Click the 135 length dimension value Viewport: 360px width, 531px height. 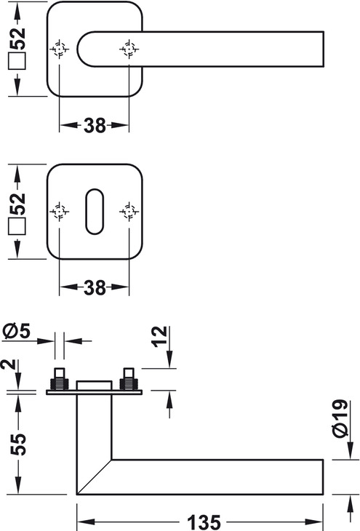coord(204,522)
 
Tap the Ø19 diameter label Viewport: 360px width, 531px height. coord(340,418)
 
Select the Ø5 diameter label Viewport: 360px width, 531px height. coord(16,330)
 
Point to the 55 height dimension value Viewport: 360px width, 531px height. coord(18,444)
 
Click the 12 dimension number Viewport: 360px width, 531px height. coord(159,336)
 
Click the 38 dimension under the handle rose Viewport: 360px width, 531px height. coord(95,125)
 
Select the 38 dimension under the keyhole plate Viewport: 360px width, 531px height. coord(95,287)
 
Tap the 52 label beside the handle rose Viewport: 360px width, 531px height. coord(17,39)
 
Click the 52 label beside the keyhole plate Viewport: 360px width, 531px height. coord(17,204)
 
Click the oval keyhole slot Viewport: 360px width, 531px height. coord(95,212)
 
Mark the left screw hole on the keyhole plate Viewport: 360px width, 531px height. coord(60,212)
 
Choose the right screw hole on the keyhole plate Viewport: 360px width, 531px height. coord(129,212)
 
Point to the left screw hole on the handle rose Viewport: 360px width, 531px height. coord(60,49)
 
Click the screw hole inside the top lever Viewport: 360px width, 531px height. coord(129,49)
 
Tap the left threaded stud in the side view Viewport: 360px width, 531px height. coord(60,378)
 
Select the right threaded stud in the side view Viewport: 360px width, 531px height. coord(129,378)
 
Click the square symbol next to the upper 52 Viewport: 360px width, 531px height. coord(17,61)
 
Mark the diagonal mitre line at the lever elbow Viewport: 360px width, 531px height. coord(94,477)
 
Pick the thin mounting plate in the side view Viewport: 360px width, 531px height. coord(94,393)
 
